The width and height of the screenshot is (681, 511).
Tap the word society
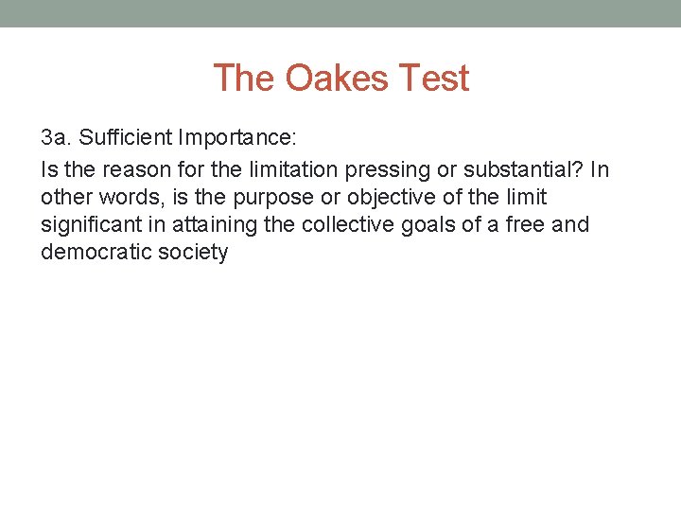click(194, 254)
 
